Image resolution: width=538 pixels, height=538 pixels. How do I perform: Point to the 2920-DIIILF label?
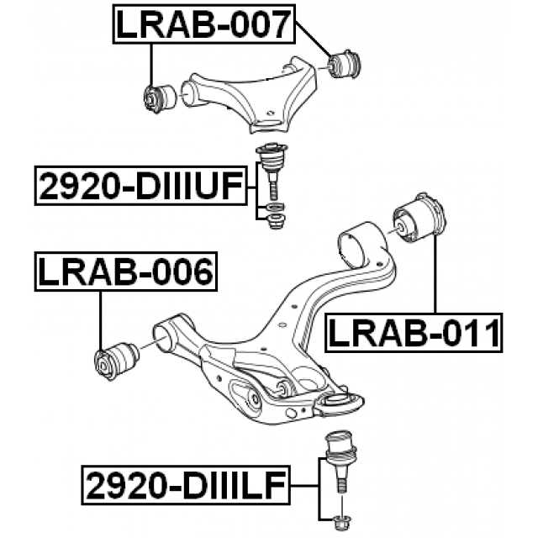(185, 485)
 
